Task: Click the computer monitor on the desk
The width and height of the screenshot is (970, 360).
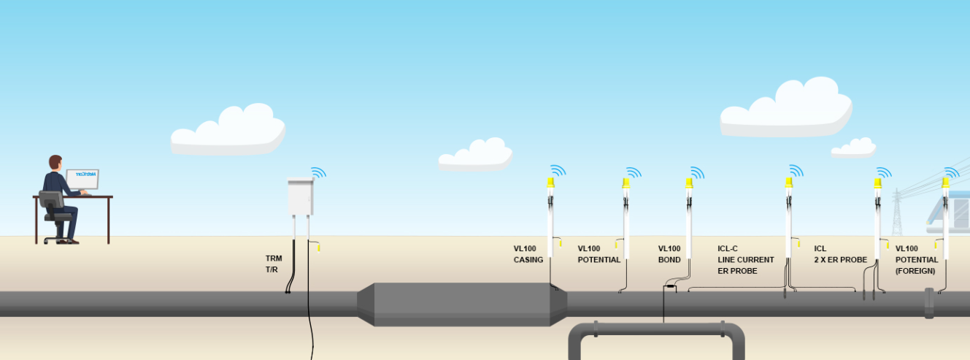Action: click(x=82, y=179)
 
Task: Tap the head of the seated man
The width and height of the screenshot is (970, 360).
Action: click(x=55, y=161)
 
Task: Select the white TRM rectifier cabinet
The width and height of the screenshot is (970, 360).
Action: click(x=301, y=198)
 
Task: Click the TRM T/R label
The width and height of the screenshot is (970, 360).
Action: click(x=273, y=264)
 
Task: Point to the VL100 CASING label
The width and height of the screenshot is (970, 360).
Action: click(x=528, y=254)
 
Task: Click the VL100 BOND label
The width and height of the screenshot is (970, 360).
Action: click(x=669, y=254)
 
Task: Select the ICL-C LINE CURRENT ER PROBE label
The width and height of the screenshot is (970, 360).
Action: click(x=745, y=260)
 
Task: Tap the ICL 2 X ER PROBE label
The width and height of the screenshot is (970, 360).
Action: click(x=840, y=254)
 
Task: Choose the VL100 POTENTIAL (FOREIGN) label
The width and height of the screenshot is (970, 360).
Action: click(x=917, y=260)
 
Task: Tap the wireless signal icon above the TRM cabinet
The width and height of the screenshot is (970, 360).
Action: click(x=318, y=173)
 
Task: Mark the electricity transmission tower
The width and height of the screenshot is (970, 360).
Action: click(x=897, y=212)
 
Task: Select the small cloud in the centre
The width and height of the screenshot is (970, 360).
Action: click(x=475, y=155)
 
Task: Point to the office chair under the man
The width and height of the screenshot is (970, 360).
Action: click(x=55, y=215)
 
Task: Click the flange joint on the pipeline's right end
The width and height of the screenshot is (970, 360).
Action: click(x=929, y=302)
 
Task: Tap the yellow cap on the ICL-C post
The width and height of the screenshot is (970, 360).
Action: click(x=789, y=183)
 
